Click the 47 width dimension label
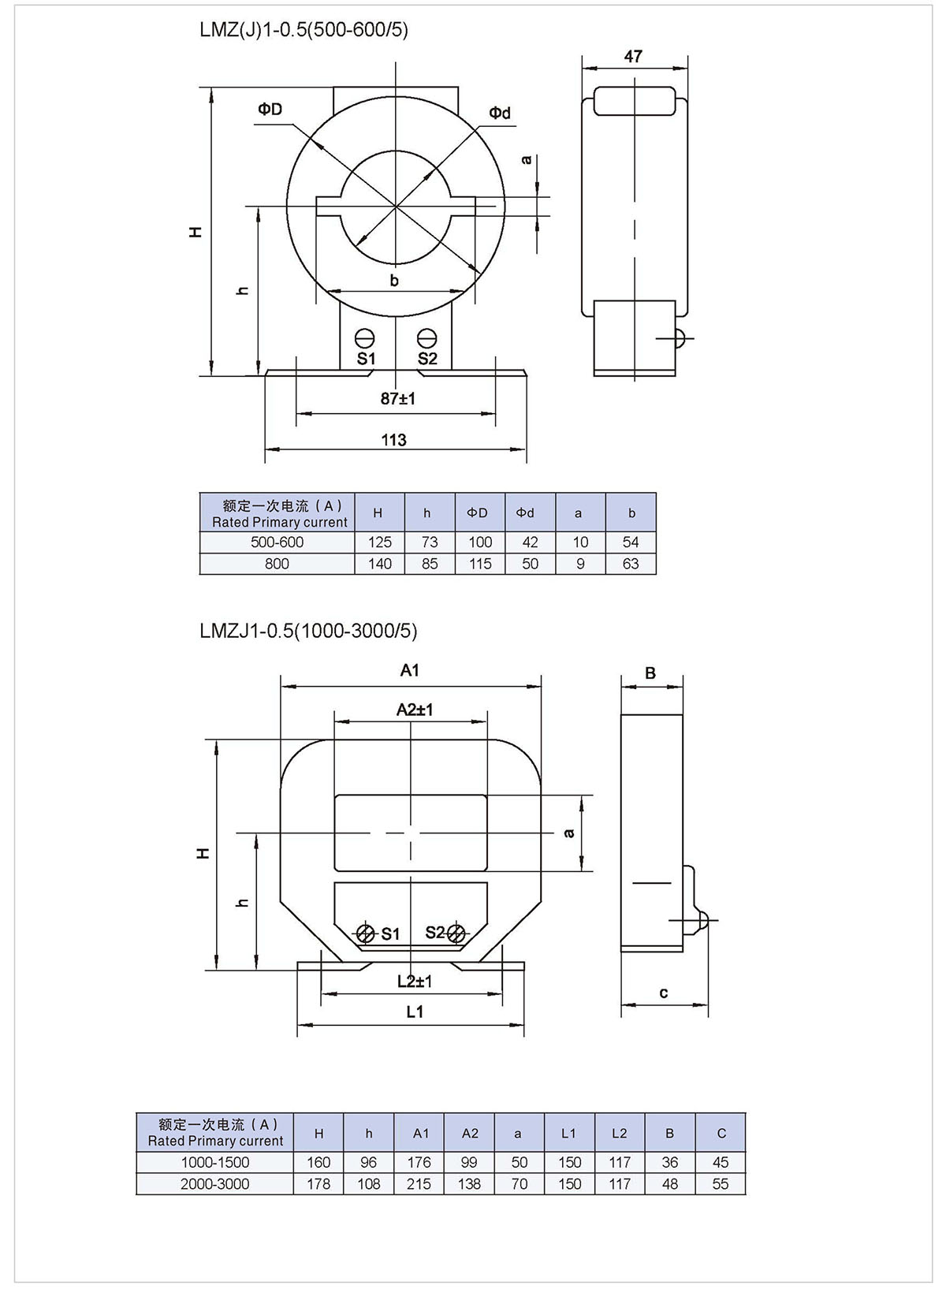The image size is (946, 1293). coord(632,56)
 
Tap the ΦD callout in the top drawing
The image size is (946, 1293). coord(270,109)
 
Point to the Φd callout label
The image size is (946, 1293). coord(500,113)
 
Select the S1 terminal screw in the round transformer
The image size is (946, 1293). coord(364,337)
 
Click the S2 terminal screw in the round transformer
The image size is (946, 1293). coord(426,337)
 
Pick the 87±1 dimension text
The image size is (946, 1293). coord(397,398)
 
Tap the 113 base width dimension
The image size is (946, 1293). coord(393,440)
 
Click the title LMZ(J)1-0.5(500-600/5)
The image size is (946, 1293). coord(304,30)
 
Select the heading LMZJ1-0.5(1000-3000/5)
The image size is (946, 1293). coord(308,631)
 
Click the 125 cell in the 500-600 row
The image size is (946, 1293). coord(380,542)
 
